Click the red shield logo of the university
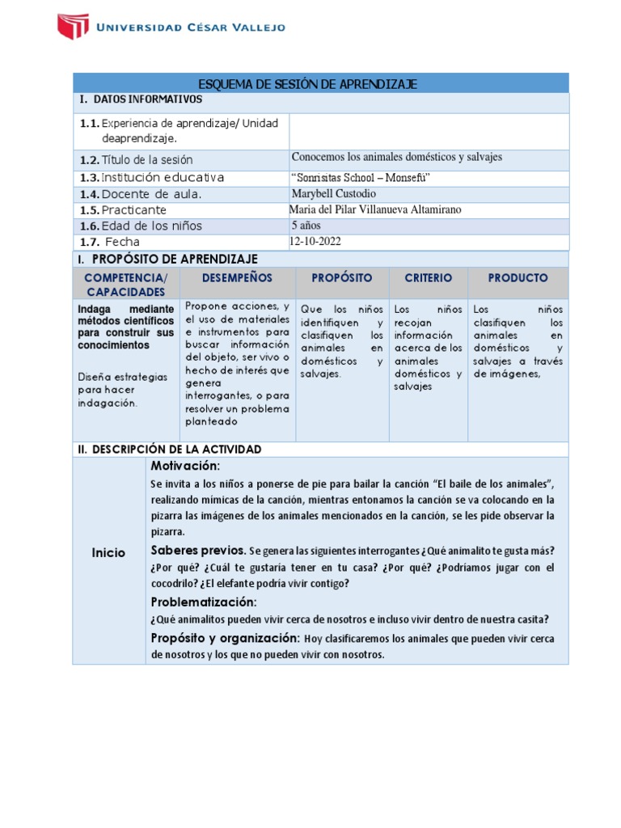click(x=73, y=26)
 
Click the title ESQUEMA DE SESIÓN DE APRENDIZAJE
click(x=307, y=84)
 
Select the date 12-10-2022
click(x=321, y=241)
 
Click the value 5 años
click(x=306, y=226)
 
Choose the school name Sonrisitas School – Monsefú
click(x=357, y=178)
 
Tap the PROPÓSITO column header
click(x=342, y=277)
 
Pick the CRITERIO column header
click(x=429, y=277)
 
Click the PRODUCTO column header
click(x=517, y=277)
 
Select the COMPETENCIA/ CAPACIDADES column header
click(x=125, y=284)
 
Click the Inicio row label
click(x=108, y=553)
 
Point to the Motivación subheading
click(x=185, y=466)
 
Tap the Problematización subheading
click(x=205, y=602)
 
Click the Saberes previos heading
click(x=199, y=550)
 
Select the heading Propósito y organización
click(x=226, y=638)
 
